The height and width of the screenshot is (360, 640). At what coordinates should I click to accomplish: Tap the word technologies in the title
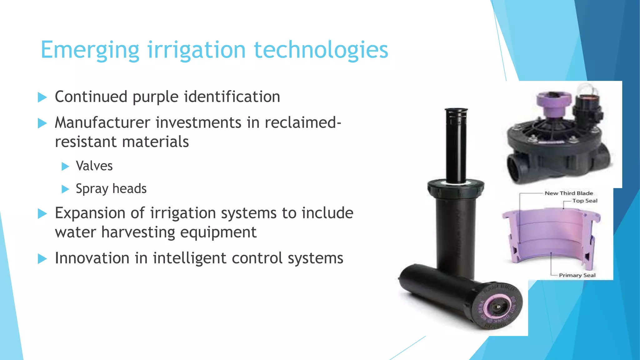tap(321, 50)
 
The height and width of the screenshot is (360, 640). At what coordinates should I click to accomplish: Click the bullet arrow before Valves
tap(65, 166)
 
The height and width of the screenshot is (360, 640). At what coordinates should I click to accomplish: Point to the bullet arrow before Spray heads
tap(65, 189)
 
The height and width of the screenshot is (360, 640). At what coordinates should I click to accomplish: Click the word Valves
tap(94, 166)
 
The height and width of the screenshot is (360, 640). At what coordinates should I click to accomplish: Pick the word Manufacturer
tap(102, 122)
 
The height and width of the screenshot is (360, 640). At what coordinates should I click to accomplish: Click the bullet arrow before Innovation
tap(42, 259)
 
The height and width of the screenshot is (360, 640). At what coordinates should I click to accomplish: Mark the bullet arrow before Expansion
tap(42, 214)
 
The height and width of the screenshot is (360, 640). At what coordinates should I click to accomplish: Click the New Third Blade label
tap(569, 193)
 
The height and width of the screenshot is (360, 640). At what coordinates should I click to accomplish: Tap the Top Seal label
tap(585, 201)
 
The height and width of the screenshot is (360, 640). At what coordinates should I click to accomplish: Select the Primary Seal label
tap(577, 275)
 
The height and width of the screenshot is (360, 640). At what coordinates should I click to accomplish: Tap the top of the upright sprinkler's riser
tap(456, 111)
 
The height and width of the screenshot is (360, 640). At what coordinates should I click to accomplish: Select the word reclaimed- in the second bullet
tap(302, 122)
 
